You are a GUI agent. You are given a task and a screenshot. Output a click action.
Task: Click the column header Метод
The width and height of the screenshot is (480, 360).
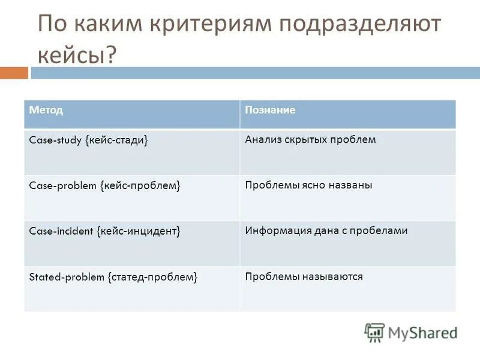(46, 111)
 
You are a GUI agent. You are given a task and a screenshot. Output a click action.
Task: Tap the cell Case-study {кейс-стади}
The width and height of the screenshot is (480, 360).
(89, 140)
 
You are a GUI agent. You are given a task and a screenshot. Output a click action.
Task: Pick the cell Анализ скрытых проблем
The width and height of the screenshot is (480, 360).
(310, 140)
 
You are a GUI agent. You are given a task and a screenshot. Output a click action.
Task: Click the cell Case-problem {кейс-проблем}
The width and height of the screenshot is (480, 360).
(105, 186)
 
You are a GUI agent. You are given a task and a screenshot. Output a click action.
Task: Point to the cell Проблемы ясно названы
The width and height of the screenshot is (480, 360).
(308, 185)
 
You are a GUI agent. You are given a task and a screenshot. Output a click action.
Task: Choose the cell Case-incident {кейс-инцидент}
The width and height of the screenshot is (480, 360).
(105, 231)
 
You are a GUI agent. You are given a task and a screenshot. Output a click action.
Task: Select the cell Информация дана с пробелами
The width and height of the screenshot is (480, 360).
(326, 230)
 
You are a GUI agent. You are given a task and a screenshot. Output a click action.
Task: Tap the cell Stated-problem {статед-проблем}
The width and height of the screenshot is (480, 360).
(113, 277)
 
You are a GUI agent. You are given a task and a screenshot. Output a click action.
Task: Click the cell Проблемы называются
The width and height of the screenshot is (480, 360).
(304, 277)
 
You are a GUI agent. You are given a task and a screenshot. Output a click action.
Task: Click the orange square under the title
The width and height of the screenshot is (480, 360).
(14, 73)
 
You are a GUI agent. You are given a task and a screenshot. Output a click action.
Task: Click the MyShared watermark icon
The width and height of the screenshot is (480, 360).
(374, 332)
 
